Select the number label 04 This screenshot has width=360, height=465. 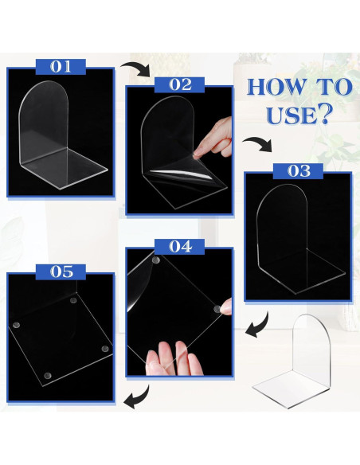click(x=180, y=247)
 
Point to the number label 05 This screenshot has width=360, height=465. click(x=62, y=271)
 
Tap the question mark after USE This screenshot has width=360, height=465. click(x=324, y=116)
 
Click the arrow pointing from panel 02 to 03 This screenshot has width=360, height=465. click(x=256, y=144)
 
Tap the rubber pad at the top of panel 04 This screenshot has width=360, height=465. click(x=155, y=260)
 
